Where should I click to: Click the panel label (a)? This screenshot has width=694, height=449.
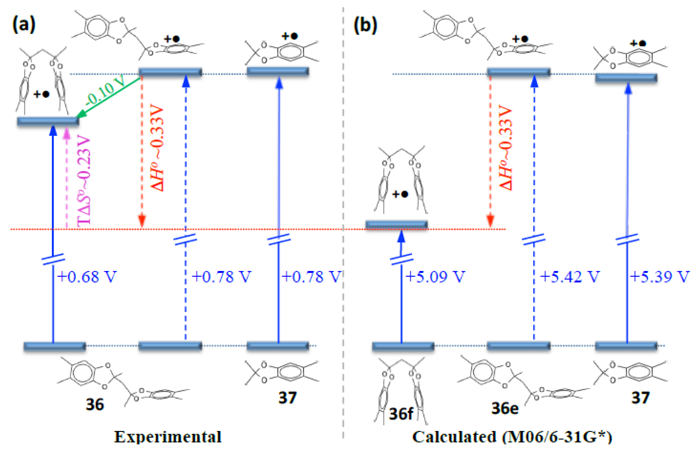(24, 25)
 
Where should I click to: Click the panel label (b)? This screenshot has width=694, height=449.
(365, 25)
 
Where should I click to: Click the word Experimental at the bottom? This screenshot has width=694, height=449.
(168, 437)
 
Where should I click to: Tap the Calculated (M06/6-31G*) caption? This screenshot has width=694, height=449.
(512, 437)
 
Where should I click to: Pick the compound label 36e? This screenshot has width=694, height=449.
(505, 408)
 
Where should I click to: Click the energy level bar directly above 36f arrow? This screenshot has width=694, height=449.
(397, 224)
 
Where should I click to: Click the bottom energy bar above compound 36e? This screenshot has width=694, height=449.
(518, 346)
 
